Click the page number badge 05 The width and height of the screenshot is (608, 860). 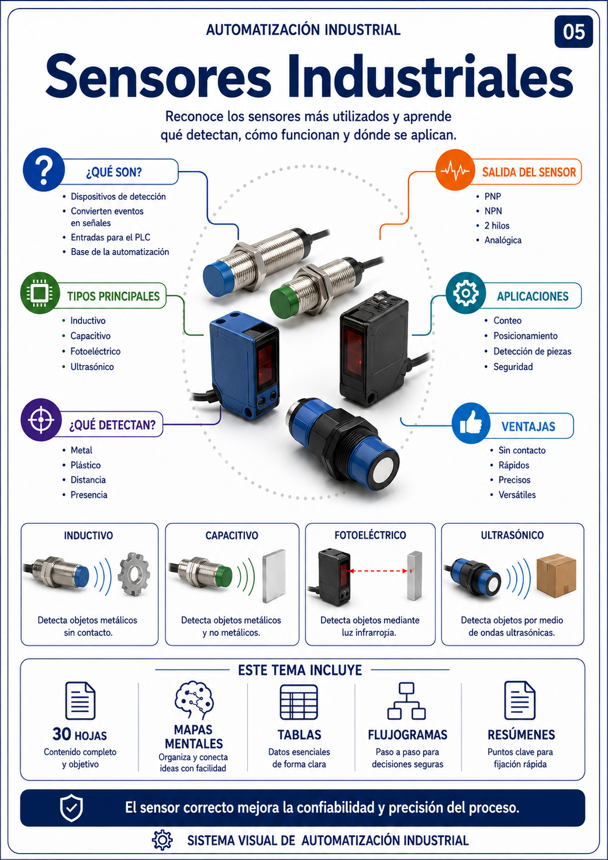pos(573,32)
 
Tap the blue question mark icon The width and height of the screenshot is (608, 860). pos(44,170)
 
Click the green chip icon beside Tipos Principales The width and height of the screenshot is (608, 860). pos(40,293)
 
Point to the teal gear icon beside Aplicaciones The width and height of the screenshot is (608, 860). pos(466,293)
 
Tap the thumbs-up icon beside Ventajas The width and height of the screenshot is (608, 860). pos(471,423)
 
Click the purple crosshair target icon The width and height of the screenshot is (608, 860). pos(41,420)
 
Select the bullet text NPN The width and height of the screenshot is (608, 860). pos(493,211)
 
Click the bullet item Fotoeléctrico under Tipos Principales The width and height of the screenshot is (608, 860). pos(95,351)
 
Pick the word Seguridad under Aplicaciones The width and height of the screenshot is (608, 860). pos(513,367)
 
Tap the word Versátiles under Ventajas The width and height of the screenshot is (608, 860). pos(517,494)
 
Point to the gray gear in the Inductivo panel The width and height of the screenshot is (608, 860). pos(134,574)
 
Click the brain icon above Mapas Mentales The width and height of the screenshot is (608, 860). pos(194,700)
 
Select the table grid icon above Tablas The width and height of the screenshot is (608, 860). pos(299,702)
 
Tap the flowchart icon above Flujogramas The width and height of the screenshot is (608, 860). pos(407,701)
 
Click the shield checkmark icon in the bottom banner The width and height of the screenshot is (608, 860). pos(71,808)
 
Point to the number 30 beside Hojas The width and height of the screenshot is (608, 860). pos(62,734)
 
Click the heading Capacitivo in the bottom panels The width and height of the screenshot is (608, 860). pos(232,535)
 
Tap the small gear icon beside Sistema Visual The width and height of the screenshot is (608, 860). pos(163,840)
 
